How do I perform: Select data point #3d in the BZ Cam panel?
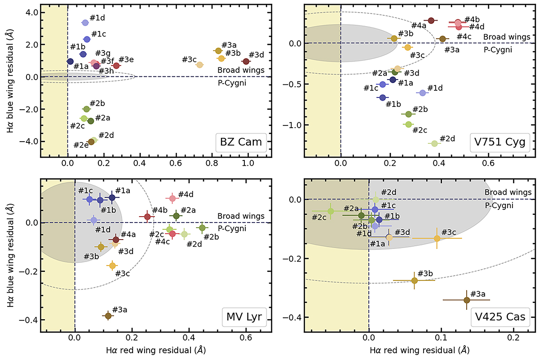click(245, 61)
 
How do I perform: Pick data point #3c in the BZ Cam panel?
click(200, 65)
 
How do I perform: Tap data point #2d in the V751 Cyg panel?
click(434, 143)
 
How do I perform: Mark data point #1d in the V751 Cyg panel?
click(422, 93)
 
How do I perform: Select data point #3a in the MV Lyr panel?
click(108, 316)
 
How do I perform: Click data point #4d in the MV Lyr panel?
click(172, 198)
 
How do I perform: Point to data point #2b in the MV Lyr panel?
click(203, 227)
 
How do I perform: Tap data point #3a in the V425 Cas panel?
click(467, 300)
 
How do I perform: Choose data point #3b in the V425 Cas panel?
click(415, 280)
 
